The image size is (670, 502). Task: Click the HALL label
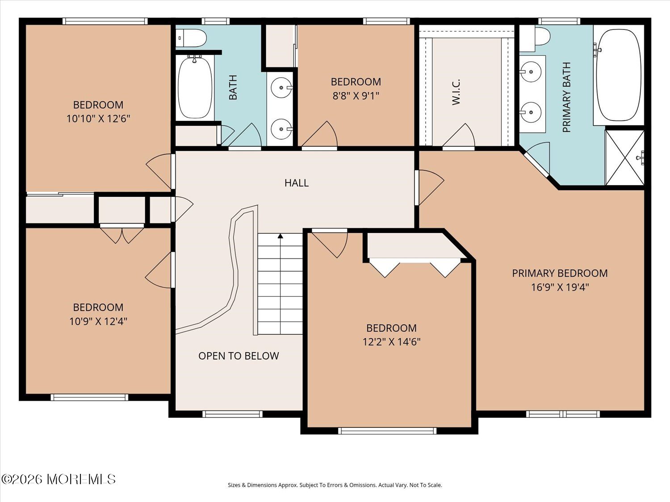point(297,183)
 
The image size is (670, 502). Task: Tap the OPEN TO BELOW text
point(239,356)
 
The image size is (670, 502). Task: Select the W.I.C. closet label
point(456,92)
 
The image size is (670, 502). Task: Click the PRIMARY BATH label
point(566,97)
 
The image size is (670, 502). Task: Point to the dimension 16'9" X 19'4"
point(560,287)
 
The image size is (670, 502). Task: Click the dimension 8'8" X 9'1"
point(356,96)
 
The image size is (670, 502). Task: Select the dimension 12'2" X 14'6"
point(391,342)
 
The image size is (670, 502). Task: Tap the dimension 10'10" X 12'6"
point(98,119)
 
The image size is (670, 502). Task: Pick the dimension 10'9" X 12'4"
point(98,321)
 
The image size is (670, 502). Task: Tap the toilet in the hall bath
point(191,38)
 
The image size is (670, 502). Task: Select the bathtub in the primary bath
point(619,75)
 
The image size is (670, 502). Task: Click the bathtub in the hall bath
point(195,87)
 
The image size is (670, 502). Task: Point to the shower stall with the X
point(625,158)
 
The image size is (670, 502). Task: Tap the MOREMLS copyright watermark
point(59,479)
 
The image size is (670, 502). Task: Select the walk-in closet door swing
point(458,135)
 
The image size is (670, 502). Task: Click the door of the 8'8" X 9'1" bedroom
point(319,134)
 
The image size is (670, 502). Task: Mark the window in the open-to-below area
point(233,414)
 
